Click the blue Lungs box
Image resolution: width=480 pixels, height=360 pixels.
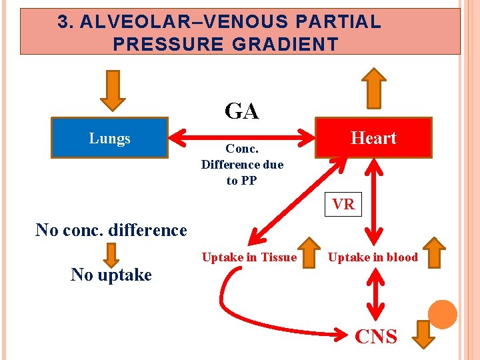click(110, 138)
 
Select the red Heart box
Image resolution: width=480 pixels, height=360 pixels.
click(373, 138)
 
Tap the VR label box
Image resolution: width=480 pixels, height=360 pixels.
click(343, 205)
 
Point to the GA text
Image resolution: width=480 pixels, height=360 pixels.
click(241, 111)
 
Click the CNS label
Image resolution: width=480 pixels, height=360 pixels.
click(375, 337)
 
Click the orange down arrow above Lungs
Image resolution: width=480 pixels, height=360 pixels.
click(113, 89)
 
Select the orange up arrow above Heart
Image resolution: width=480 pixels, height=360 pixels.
click(374, 87)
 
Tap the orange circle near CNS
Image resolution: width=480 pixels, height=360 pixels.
click(442, 315)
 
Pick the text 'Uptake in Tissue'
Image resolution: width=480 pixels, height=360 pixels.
click(249, 257)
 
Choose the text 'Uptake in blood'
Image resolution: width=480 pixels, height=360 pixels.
click(373, 257)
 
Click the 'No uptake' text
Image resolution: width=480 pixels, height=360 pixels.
click(111, 275)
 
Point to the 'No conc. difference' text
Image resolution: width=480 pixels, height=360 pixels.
click(111, 230)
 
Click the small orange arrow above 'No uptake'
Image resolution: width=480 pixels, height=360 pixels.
click(112, 254)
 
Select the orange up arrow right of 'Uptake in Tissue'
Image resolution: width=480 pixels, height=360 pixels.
click(309, 253)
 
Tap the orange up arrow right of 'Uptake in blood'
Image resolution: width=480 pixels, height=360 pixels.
click(435, 253)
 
